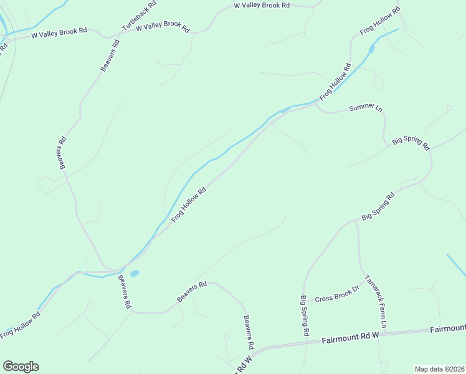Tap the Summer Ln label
click(x=366, y=108)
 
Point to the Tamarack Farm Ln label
click(x=376, y=302)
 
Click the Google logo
click(x=21, y=367)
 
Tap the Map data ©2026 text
click(x=439, y=369)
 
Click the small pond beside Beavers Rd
click(x=135, y=273)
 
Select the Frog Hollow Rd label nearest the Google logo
click(x=20, y=325)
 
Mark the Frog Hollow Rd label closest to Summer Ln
click(x=335, y=82)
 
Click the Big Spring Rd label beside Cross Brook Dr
click(x=305, y=315)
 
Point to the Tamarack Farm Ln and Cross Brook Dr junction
click(x=364, y=281)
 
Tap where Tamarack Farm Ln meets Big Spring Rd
click(x=356, y=220)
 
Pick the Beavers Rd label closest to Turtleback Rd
click(x=110, y=55)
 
